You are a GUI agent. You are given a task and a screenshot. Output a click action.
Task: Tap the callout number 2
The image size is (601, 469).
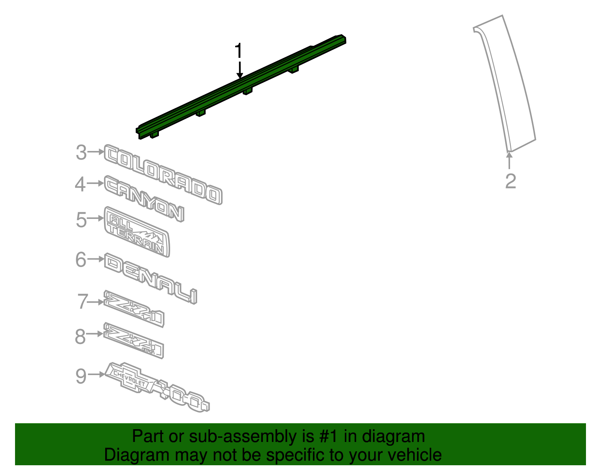point(510,181)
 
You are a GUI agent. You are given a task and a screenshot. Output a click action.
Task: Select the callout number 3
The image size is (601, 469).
point(81,153)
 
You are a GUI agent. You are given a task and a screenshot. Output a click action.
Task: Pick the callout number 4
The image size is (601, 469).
point(80,184)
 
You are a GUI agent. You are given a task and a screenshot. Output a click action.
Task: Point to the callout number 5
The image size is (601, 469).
point(81,220)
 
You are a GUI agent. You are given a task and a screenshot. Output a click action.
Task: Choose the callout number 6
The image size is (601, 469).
point(81,259)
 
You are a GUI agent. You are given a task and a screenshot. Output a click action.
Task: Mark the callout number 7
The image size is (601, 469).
point(82,302)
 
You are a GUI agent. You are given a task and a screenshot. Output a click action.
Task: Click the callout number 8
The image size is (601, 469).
point(80,336)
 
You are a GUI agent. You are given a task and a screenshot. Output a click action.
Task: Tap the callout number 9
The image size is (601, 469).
point(81,376)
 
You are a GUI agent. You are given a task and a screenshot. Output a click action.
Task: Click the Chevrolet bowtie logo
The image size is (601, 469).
point(129,378)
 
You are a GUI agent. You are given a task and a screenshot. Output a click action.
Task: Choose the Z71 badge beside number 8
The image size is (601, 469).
point(134,340)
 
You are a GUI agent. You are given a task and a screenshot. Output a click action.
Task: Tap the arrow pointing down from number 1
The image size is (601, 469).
point(240,70)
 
